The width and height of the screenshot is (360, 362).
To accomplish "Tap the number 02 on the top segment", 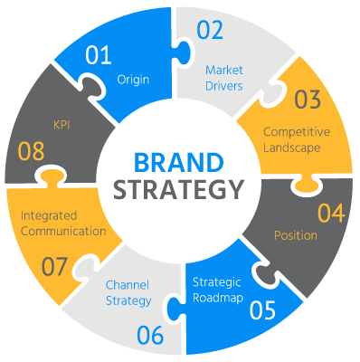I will pos(210,31).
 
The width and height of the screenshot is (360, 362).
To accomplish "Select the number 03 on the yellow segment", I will pos(308,100).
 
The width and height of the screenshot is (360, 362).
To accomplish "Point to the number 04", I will pos(331,214).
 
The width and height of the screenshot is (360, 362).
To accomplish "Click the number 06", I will pos(151,335).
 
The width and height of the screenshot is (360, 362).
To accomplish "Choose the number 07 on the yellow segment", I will pos(55,267).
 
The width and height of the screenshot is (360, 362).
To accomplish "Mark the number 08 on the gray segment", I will pos(32,150).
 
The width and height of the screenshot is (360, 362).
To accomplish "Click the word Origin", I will pos(133,79).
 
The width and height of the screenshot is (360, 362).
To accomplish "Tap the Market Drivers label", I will pos(223,77).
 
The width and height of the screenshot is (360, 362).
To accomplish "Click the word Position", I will pos(295,235).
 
